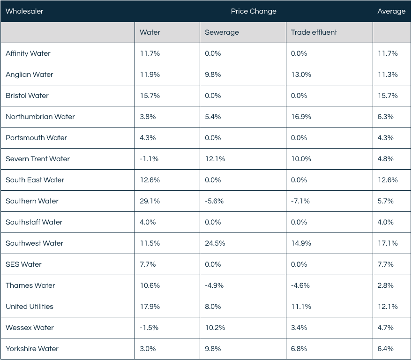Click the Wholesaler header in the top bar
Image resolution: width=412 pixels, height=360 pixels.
[x=24, y=11]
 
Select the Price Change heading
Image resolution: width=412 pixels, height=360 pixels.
[x=254, y=11]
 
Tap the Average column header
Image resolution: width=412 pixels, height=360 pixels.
[x=391, y=11]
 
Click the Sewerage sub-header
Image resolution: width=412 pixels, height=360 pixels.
[x=222, y=32]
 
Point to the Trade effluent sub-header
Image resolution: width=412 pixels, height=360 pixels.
[x=314, y=32]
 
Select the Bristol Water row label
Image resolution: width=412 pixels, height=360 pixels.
[x=27, y=96]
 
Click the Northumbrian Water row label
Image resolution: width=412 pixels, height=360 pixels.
[x=40, y=117]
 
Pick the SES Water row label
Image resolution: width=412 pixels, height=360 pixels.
[x=23, y=264]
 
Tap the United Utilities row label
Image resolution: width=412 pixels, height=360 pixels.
[x=30, y=307]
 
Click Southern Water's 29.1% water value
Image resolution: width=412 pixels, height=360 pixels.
[x=150, y=201]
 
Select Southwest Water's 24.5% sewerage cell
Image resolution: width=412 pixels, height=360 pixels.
[x=215, y=243]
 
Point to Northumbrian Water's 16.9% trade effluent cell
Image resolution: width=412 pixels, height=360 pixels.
[x=301, y=117]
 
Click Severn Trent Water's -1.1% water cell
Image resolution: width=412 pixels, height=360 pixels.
[x=149, y=159]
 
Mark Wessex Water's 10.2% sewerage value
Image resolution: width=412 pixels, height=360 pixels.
[x=215, y=328]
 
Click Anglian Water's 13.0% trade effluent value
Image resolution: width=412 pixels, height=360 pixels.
[x=301, y=75]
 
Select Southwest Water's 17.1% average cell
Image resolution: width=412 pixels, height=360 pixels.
[x=388, y=243]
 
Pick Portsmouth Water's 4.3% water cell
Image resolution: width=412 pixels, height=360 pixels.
[x=148, y=138]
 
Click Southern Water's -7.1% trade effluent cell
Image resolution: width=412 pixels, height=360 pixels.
[x=300, y=201]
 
